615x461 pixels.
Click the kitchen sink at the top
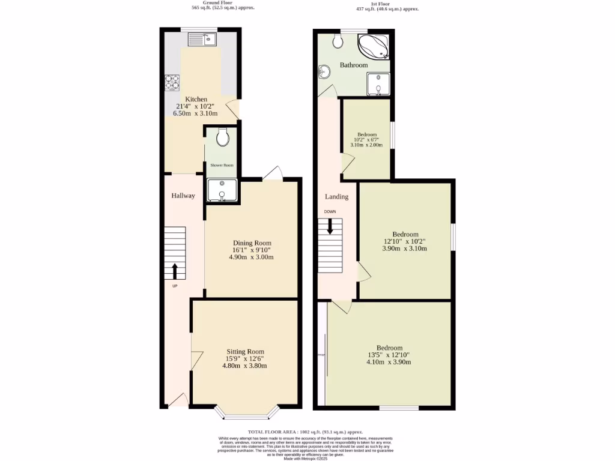pos(202,40)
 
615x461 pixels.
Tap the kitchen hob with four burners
pos(173,81)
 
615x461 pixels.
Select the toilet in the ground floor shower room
pos(222,137)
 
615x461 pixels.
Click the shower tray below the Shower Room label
pos(222,190)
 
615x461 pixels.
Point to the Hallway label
pos(183,196)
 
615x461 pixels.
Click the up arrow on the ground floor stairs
pos(175,271)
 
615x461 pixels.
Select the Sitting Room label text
pos(245,352)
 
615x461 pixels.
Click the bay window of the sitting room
pos(247,413)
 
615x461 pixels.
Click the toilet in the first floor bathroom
pos(338,41)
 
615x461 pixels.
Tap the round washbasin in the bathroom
pos(324,73)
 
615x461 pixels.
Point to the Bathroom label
pos(354,65)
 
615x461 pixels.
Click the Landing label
pos(336,197)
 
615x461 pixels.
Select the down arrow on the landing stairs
pos(330,226)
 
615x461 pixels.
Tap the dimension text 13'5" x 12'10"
pos(389,355)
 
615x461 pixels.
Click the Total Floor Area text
pos(306,432)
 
